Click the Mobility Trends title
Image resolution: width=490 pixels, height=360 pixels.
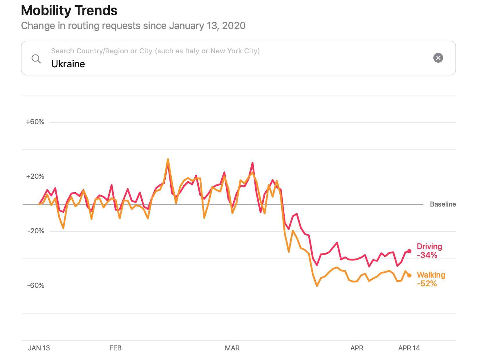tap(69, 11)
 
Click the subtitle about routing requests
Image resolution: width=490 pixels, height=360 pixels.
tap(133, 26)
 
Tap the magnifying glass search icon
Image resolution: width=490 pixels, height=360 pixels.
tap(36, 59)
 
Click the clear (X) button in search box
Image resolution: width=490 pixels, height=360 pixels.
tap(438, 58)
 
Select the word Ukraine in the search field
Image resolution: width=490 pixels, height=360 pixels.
tap(68, 64)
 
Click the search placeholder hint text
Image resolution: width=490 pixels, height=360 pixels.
tap(155, 51)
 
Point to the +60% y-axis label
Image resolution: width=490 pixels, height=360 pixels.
tap(35, 122)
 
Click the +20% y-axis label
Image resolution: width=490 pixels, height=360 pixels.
tap(35, 176)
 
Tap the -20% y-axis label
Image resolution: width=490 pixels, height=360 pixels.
tap(36, 231)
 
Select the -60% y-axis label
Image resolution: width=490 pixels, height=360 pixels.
tap(36, 285)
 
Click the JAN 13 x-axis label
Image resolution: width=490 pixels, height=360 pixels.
tap(39, 348)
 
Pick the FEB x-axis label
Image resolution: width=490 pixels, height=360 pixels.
tap(115, 348)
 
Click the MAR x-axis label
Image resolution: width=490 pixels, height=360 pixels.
tap(232, 348)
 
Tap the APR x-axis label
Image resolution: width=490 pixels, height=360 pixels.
tap(357, 348)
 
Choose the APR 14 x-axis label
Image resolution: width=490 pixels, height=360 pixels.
tap(409, 348)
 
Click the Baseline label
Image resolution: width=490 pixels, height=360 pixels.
tap(443, 204)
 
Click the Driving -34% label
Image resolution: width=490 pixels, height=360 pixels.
tap(429, 251)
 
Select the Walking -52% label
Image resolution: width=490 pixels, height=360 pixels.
tap(431, 279)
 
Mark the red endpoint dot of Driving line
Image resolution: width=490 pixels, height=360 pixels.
tap(409, 251)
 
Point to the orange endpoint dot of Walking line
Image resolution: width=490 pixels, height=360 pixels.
tap(409, 275)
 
